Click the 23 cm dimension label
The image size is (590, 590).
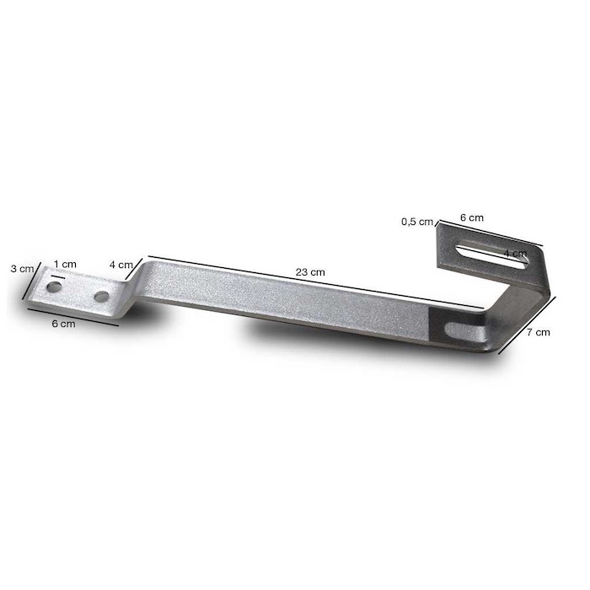tap(310, 272)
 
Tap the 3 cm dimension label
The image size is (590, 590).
tap(22, 269)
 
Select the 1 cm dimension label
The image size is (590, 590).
tap(65, 264)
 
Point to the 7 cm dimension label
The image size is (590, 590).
tap(538, 332)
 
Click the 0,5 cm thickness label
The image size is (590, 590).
tap(417, 222)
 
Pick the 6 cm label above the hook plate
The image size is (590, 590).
tap(472, 217)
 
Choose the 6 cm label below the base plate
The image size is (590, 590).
tap(63, 324)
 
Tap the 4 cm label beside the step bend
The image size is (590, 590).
tap(121, 265)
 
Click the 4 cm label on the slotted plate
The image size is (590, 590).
tap(515, 253)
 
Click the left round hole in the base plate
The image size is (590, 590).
tap(54, 287)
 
